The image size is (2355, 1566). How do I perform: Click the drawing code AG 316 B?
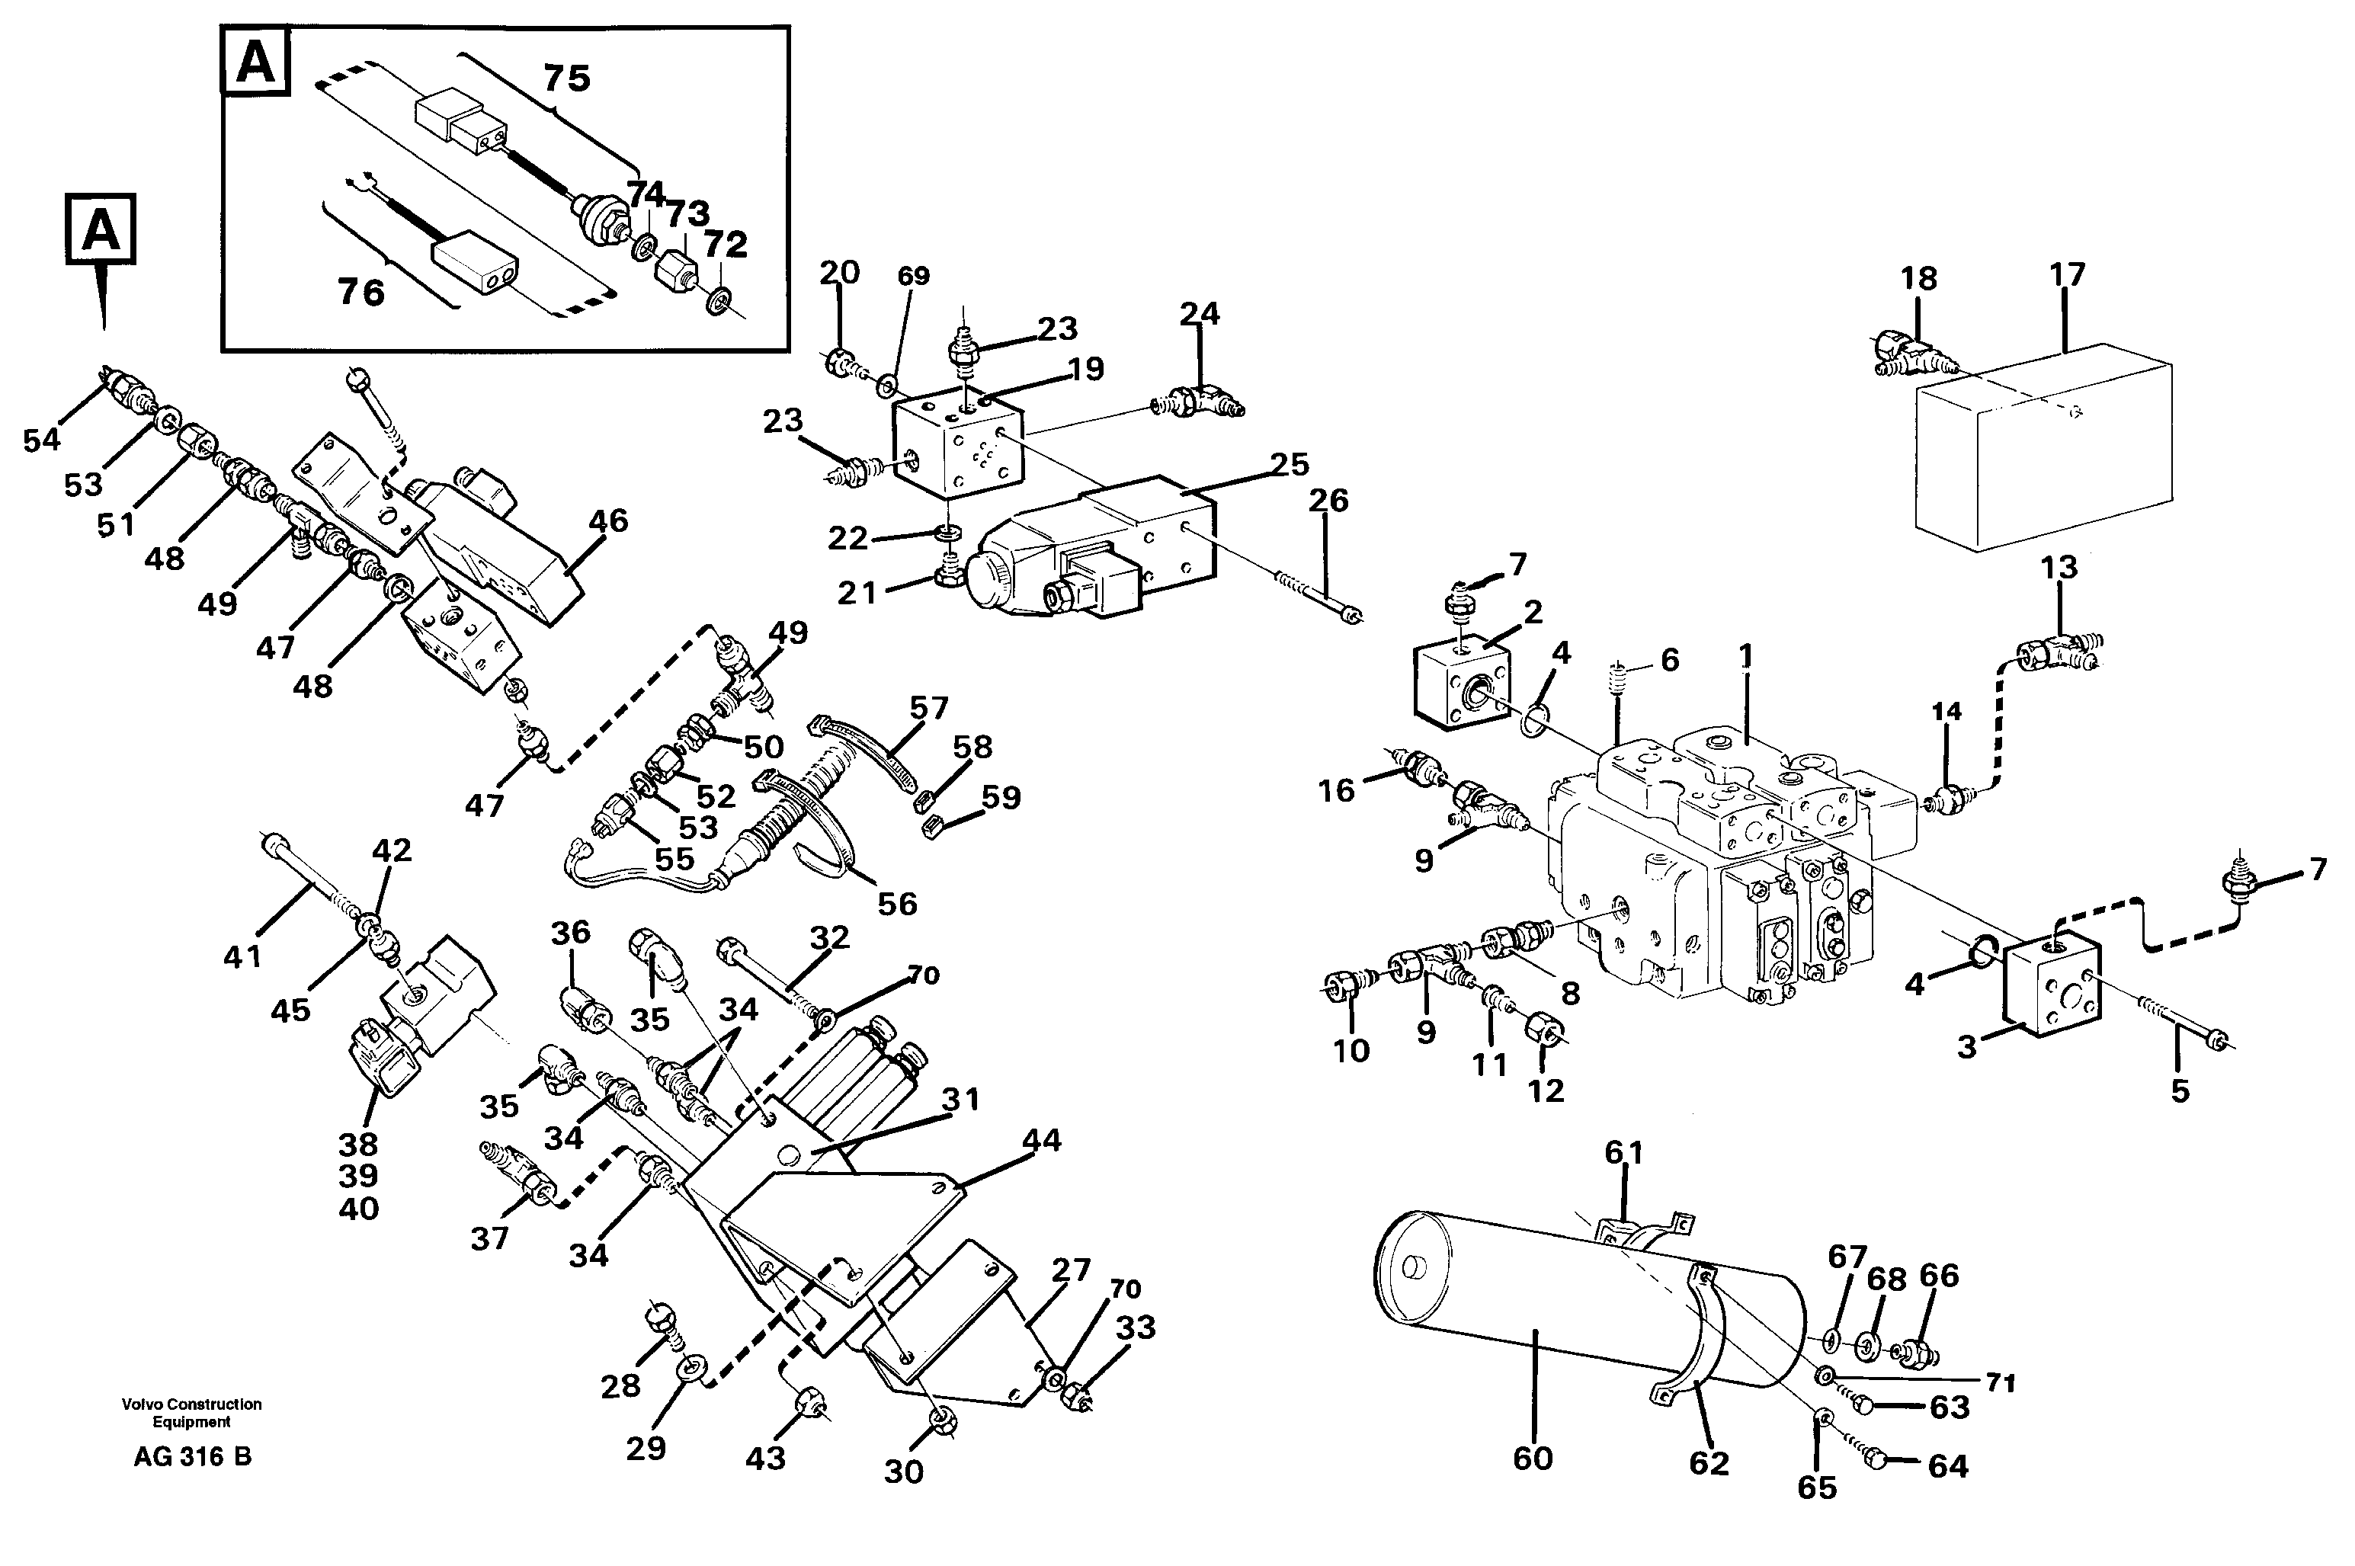(x=192, y=1457)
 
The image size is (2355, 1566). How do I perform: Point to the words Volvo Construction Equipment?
(x=192, y=1412)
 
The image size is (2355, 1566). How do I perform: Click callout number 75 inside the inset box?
(x=566, y=78)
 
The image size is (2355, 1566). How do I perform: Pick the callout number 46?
(x=608, y=521)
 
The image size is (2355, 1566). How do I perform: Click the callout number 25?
(x=1290, y=464)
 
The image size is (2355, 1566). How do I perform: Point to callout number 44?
(x=1042, y=1139)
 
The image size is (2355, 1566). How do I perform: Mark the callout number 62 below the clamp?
(x=1709, y=1463)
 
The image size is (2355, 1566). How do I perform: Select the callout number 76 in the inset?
(x=360, y=293)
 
